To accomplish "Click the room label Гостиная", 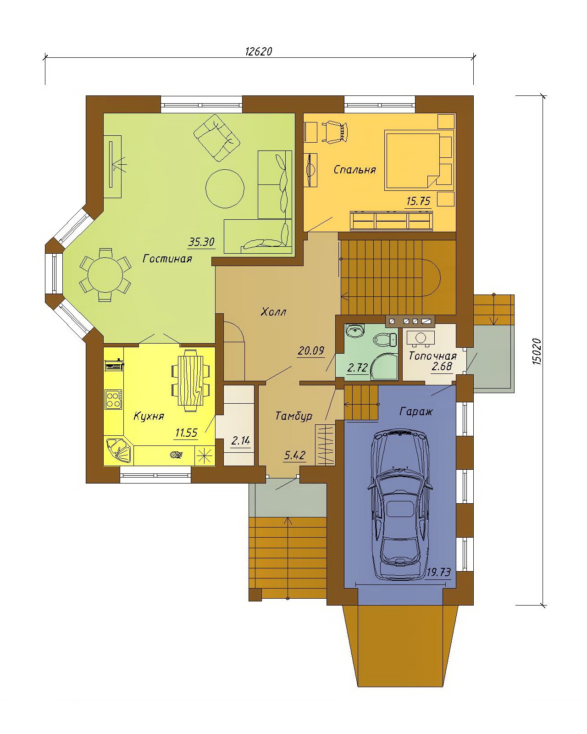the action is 167,259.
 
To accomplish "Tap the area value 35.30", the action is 202,242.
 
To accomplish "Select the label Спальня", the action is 355,170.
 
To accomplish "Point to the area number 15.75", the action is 418,201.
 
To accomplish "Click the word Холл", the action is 273,312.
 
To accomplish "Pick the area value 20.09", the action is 311,350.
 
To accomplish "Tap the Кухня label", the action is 149,416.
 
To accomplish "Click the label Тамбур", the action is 293,416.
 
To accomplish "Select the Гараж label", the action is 416,412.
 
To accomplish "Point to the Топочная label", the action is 432,356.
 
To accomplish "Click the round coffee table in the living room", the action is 225,188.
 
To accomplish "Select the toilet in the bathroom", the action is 385,340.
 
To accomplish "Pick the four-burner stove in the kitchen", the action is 114,400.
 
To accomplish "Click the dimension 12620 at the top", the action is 259,51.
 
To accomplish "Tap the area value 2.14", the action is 240,441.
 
